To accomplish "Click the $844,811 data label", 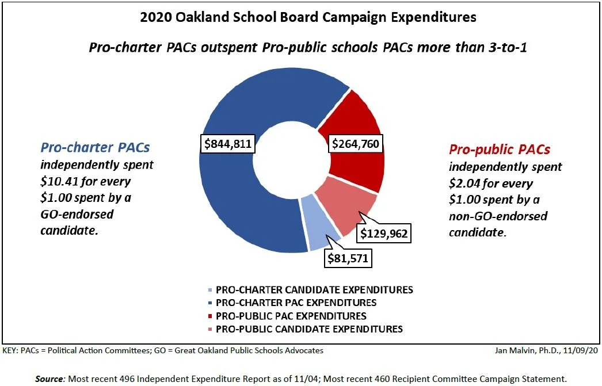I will [228, 144].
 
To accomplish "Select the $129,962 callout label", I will [384, 234].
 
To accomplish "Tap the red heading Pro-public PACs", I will [500, 150].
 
